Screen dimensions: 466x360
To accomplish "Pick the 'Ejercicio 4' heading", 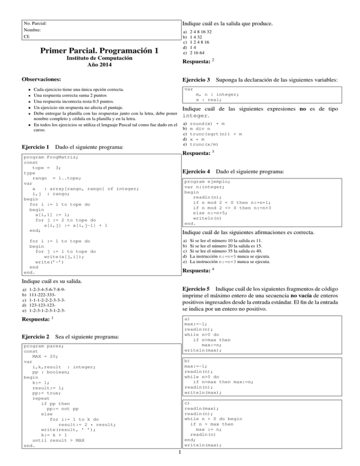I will pyautogui.click(x=196, y=173).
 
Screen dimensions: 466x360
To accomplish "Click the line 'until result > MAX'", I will pyautogui.click(x=58, y=440).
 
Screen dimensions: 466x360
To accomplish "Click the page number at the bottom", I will pyautogui.click(x=180, y=452).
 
